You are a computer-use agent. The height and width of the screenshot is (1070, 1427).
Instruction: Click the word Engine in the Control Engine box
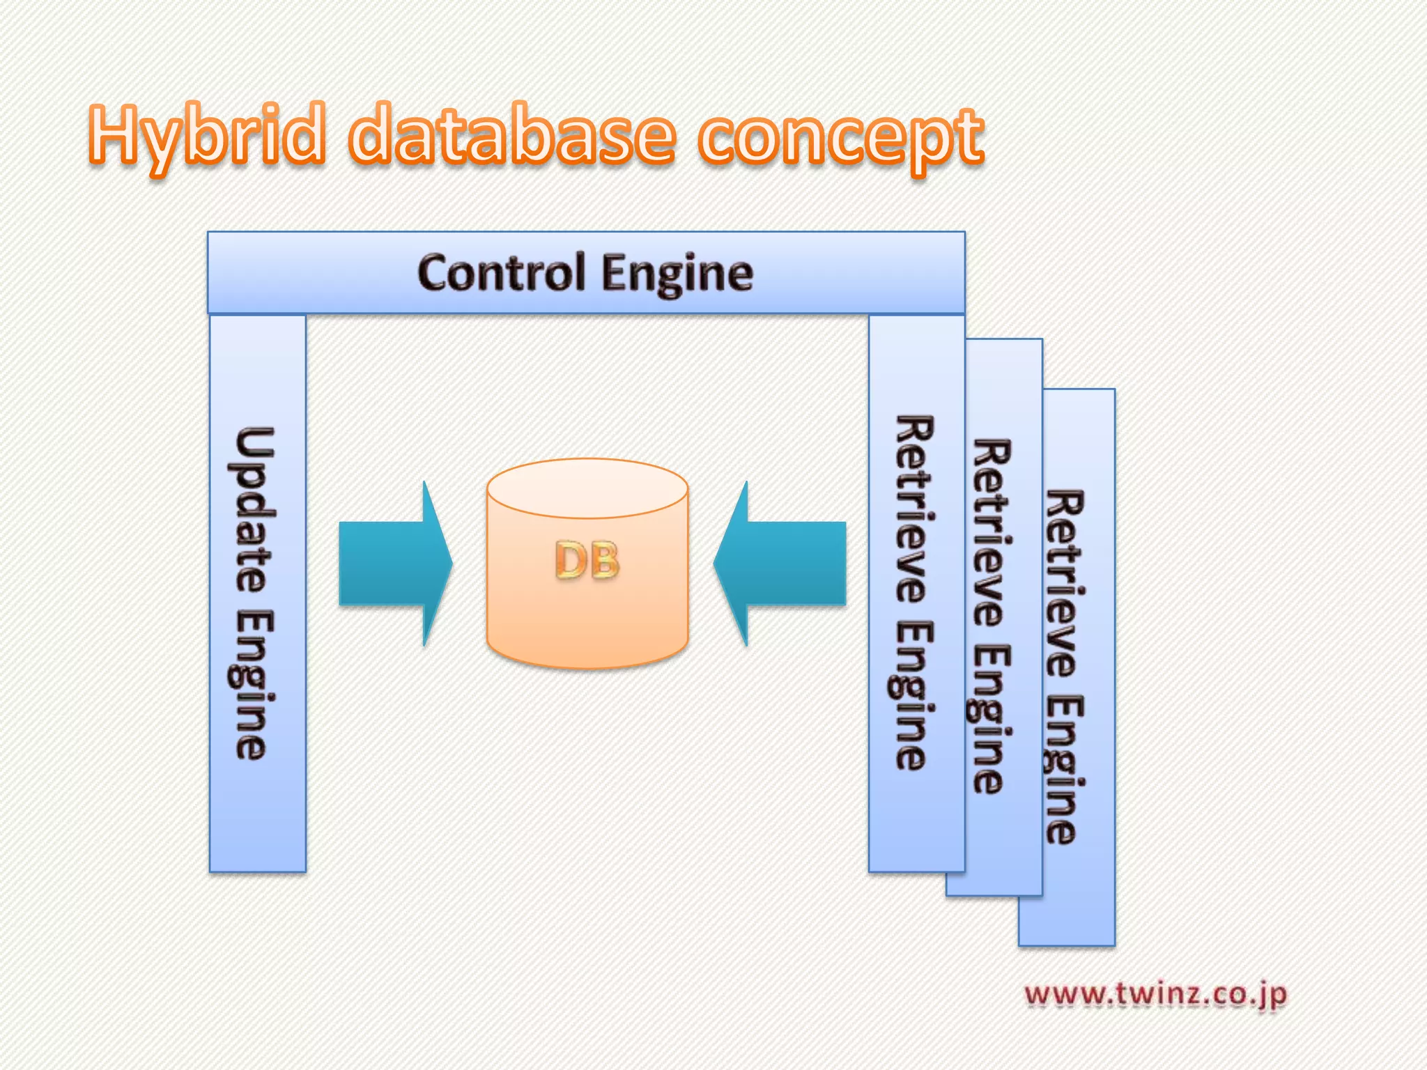677,274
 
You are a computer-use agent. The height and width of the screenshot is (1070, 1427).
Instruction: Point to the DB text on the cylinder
587,561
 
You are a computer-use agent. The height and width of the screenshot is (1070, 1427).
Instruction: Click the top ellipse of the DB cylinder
587,488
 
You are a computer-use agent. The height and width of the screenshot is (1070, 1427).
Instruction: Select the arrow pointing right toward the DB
394,563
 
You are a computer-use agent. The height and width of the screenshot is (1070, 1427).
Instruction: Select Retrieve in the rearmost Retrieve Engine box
1065,582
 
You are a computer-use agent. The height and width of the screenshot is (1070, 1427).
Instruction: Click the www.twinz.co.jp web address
1155,994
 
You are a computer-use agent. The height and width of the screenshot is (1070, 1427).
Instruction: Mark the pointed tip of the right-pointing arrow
451,563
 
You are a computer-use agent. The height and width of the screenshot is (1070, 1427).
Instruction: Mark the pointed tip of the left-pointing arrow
716,563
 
